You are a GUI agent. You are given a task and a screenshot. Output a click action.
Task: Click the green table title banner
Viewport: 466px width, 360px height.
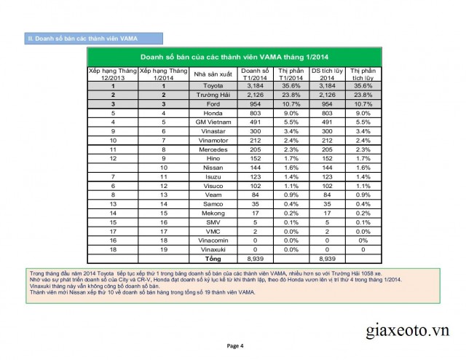232,56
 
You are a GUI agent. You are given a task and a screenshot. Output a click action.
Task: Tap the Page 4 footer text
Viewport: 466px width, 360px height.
234,345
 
